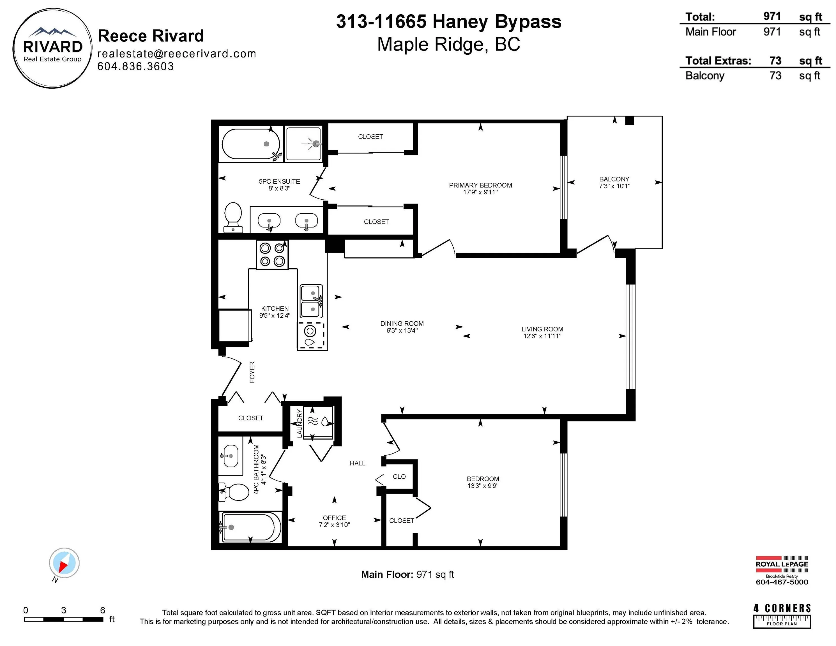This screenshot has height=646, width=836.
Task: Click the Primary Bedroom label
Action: click(480, 185)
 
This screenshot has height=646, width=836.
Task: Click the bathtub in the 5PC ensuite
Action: click(251, 144)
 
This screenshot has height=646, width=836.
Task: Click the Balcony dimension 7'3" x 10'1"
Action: click(614, 186)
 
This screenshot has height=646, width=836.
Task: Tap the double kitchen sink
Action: click(311, 301)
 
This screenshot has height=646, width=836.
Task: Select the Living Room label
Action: click(542, 329)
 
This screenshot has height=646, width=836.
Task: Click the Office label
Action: click(334, 518)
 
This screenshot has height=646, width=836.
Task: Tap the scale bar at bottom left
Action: click(64, 619)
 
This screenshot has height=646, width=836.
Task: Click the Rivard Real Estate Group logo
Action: click(52, 48)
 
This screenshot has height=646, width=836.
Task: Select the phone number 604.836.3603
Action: click(135, 66)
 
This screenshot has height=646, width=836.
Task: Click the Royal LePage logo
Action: click(782, 564)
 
